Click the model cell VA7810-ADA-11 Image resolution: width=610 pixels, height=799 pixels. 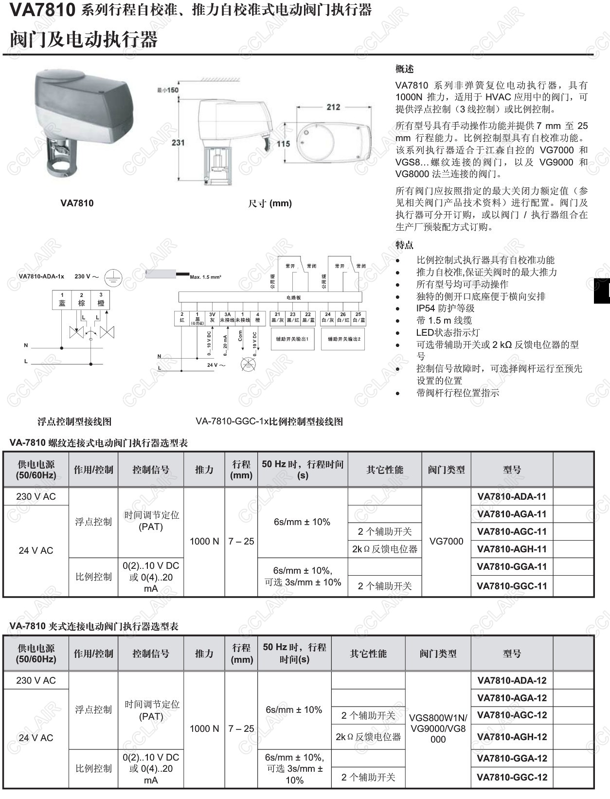512,496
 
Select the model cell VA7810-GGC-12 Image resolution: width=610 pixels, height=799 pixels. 512,777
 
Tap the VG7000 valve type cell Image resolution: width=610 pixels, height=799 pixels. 446,541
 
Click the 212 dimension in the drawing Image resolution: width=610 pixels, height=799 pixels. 333,107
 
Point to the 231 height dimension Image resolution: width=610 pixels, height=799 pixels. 178,143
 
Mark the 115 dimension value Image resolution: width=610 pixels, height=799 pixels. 283,144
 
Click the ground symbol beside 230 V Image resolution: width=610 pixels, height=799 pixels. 113,277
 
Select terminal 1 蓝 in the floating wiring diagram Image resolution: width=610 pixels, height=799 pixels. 62,300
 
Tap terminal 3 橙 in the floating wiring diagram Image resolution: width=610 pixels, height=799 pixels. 101,300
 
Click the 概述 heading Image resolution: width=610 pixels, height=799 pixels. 404,69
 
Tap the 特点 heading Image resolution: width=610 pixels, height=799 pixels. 404,245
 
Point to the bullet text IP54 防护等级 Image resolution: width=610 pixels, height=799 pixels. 445,308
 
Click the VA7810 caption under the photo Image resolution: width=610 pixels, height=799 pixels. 77,203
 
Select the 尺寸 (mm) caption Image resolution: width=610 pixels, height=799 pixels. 270,203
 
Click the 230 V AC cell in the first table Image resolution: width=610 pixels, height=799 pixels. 36,496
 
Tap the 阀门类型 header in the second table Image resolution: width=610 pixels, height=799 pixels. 438,654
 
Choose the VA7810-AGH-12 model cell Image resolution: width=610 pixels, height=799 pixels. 512,737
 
